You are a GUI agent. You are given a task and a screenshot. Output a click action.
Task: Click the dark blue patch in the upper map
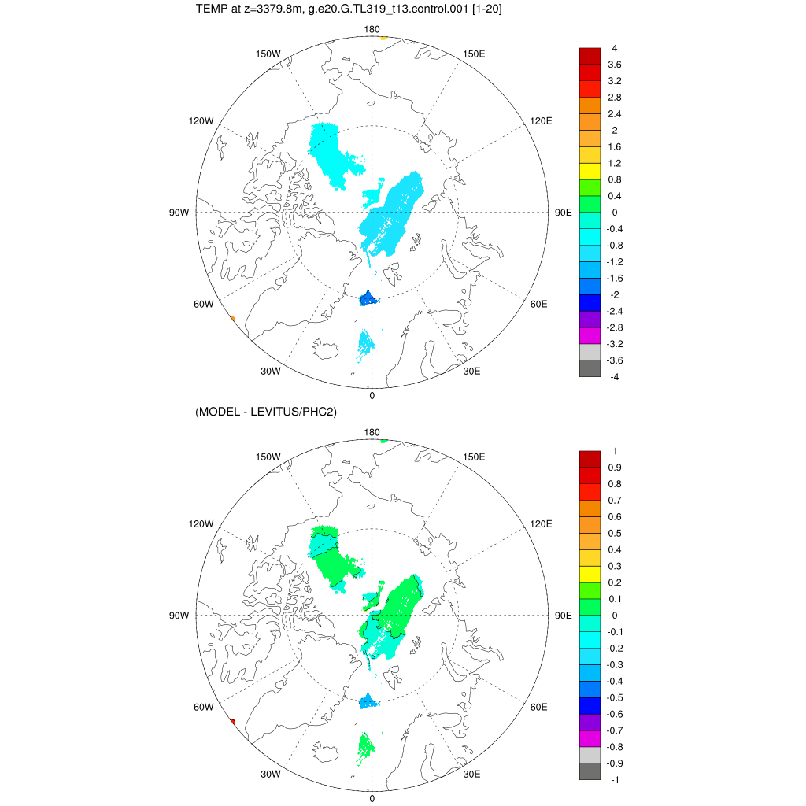(x=368, y=299)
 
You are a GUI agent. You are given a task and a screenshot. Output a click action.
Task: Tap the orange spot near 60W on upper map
(x=232, y=318)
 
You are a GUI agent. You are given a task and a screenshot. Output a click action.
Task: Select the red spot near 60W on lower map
(x=233, y=721)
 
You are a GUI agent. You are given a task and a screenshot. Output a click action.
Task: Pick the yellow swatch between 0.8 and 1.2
(x=590, y=172)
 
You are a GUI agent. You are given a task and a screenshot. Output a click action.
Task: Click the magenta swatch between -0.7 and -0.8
(x=590, y=738)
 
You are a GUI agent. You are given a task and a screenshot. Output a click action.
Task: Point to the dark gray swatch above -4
(x=590, y=368)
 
